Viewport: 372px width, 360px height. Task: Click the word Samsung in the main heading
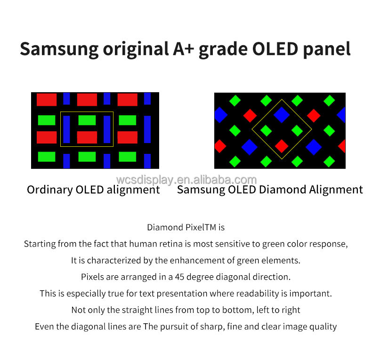click(x=59, y=49)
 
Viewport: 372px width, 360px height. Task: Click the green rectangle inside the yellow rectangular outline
click(x=87, y=120)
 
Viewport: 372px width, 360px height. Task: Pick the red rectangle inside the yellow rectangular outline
click(x=87, y=137)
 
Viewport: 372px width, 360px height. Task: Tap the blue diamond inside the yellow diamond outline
click(x=282, y=114)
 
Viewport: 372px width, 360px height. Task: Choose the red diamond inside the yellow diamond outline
click(x=282, y=146)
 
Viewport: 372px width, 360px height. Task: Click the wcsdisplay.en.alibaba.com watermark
click(x=186, y=180)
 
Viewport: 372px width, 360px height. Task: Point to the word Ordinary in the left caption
click(x=49, y=190)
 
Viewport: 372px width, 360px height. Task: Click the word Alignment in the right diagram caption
click(x=336, y=190)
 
